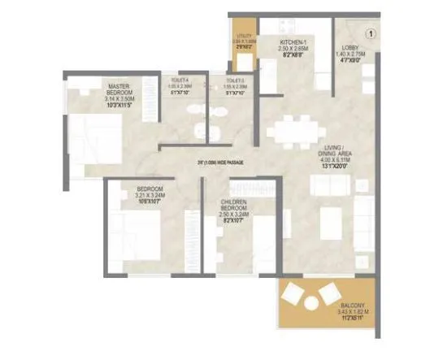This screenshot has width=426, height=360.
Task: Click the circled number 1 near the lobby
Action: pos(369,34)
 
